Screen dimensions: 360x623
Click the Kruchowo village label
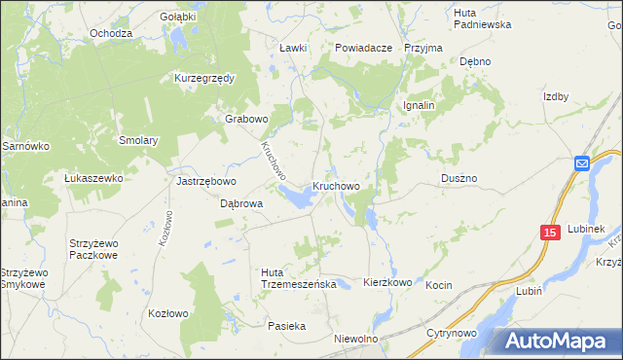337,186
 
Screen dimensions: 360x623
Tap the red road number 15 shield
550,233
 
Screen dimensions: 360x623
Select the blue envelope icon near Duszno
581,163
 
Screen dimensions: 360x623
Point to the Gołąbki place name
178,17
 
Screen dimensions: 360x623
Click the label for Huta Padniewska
482,18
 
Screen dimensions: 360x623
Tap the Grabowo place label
246,119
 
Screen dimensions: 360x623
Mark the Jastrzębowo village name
206,181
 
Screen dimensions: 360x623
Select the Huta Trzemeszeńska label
299,277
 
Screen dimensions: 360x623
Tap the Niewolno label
355,339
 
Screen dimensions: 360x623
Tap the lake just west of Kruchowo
297,198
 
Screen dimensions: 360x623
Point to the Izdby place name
555,96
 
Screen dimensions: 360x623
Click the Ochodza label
110,33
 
